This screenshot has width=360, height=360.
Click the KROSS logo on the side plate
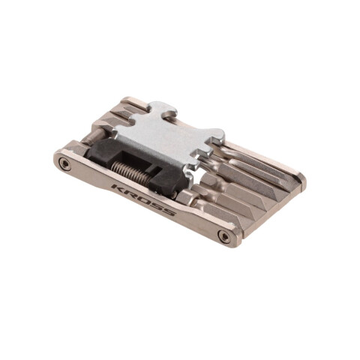(143, 200)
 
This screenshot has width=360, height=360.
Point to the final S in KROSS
(169, 212)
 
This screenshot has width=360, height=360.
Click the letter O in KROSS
(142, 199)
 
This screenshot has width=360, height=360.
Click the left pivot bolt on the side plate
(65, 163)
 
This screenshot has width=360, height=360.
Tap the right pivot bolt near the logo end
(223, 235)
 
